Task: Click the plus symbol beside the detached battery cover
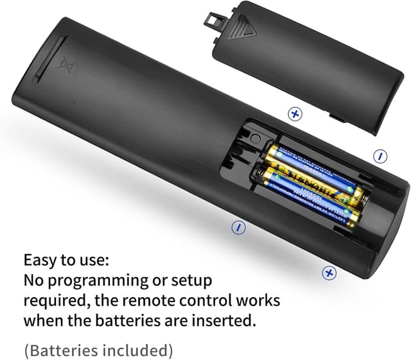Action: pyautogui.click(x=295, y=114)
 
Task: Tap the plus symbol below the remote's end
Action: pyautogui.click(x=329, y=273)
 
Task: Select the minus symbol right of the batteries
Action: pyautogui.click(x=381, y=155)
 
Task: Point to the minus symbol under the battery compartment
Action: pyautogui.click(x=238, y=227)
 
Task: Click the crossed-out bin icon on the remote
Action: pyautogui.click(x=64, y=66)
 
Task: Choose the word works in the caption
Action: pyautogui.click(x=259, y=300)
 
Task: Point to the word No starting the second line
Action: pyautogui.click(x=34, y=281)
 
